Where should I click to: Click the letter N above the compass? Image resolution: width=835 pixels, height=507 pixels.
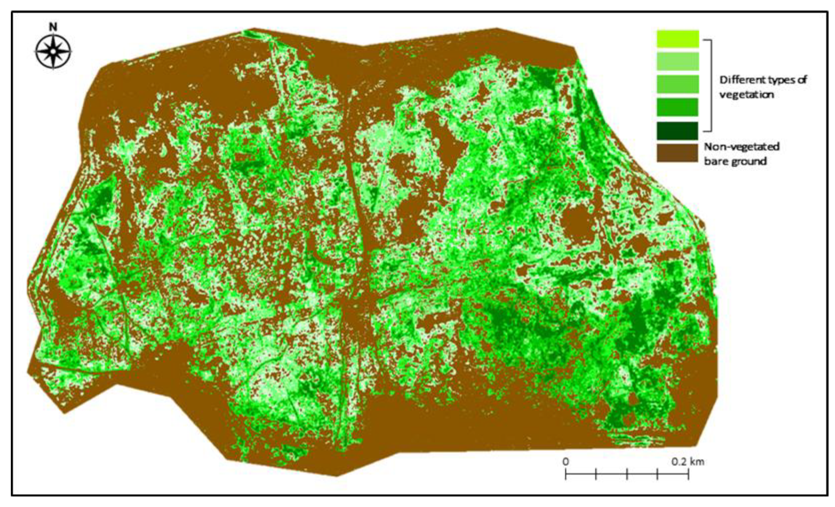53,27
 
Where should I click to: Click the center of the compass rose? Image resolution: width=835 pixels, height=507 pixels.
53,52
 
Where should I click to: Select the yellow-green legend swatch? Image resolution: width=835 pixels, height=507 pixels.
678,39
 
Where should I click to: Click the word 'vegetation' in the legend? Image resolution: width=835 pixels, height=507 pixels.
746,94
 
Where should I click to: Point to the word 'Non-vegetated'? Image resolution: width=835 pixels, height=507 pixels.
742,147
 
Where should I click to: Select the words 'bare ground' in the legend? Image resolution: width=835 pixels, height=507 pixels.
735,161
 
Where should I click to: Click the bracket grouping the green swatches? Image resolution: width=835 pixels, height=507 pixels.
711,85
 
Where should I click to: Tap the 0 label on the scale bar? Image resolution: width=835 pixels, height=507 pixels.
565,461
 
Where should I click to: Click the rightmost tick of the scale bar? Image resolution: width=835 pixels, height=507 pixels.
688,474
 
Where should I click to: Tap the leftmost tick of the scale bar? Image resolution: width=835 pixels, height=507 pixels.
566,474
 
